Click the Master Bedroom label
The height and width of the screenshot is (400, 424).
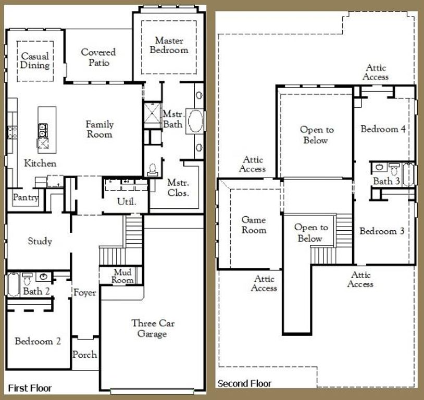(169, 45)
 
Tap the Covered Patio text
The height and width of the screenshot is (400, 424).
(98, 57)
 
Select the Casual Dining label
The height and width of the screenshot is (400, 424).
(35, 60)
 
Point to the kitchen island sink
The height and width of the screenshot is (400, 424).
(42, 128)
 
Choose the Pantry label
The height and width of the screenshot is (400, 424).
(26, 198)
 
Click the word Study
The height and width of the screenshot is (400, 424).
(40, 241)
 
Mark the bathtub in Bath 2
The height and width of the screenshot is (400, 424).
(13, 284)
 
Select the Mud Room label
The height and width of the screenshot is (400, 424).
(123, 276)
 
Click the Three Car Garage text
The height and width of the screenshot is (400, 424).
(153, 329)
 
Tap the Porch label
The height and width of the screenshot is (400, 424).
(84, 355)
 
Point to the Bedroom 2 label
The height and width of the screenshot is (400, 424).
(38, 342)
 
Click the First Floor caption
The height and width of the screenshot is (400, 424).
(30, 388)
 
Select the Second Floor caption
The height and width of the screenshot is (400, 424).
(244, 384)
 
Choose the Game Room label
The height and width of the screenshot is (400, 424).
(254, 225)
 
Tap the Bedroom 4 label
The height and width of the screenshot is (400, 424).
(383, 129)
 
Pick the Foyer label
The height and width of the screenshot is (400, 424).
(84, 293)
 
